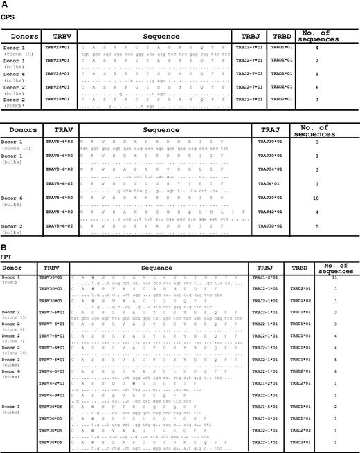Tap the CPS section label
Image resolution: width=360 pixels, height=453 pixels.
click(x=9, y=14)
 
